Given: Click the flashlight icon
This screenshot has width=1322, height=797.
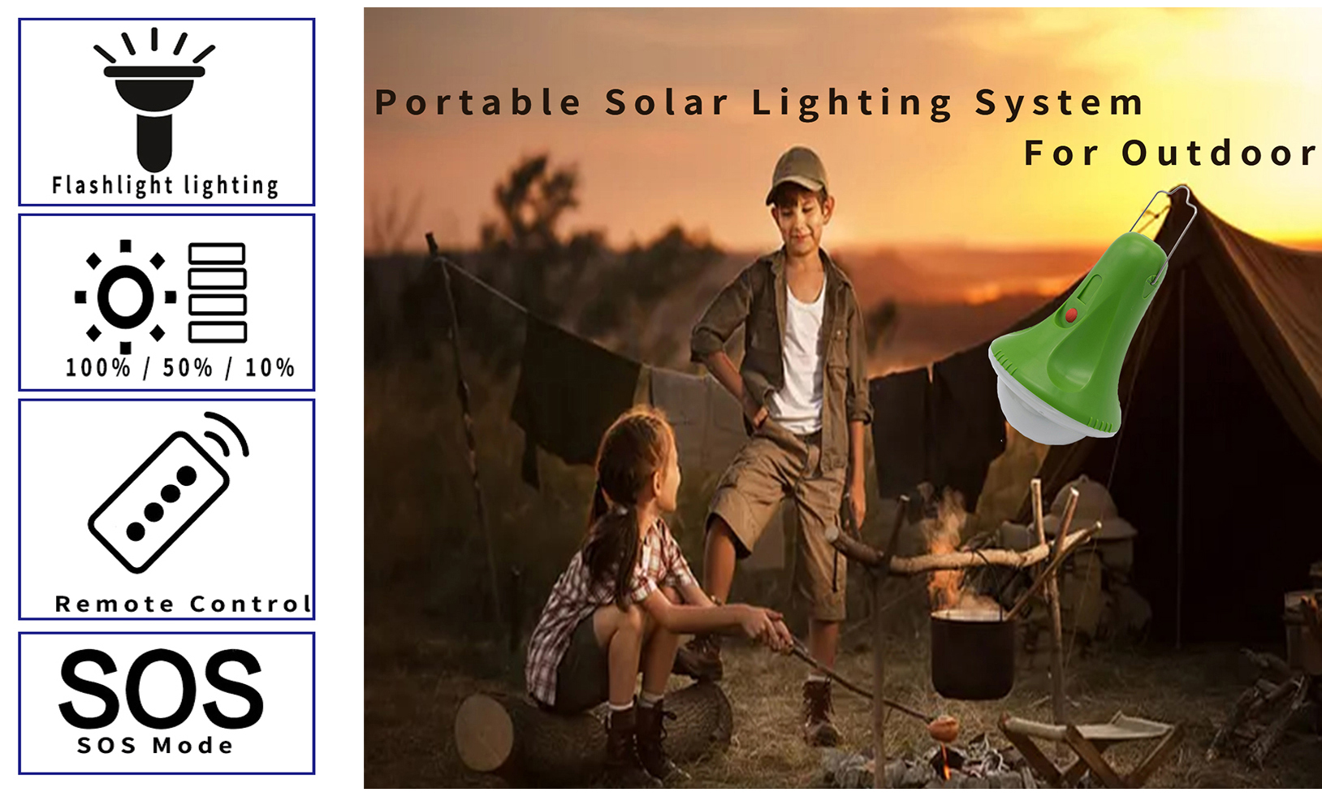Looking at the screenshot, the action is coord(154,101).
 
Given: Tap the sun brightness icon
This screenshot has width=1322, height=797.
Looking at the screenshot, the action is coord(125,297).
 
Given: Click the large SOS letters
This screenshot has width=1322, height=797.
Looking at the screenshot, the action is coord(161,689).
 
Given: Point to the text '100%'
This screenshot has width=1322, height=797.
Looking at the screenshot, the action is coord(97,368).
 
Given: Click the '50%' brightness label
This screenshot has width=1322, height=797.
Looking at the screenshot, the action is coord(187,368).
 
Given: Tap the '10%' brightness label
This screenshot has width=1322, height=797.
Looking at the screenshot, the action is coord(269,368).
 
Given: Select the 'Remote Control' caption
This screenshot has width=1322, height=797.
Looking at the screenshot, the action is coord(183,604).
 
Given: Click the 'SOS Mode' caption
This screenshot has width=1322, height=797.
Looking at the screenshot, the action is coord(155,746).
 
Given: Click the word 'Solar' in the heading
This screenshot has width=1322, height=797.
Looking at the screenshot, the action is coord(667,102).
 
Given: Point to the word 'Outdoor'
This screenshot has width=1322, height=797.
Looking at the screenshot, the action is coord(1220,153).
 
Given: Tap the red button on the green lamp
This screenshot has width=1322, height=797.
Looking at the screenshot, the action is coord(1071,314).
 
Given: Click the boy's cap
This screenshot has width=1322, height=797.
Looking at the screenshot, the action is coord(796,173).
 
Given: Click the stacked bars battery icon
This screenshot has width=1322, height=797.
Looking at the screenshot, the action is coord(217,292).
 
